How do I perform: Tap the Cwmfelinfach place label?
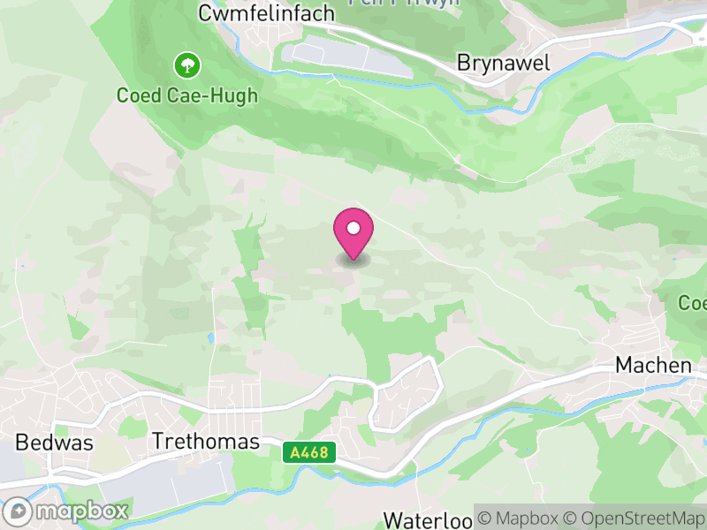(266, 13)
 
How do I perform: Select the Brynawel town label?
(504, 63)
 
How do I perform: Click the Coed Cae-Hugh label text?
(187, 95)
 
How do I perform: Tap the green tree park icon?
(187, 64)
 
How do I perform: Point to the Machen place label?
(653, 365)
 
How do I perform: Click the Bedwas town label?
(54, 443)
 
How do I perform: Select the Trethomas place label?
(206, 441)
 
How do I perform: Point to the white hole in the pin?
(353, 228)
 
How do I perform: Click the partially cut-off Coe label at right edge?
(692, 303)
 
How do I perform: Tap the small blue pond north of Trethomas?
(211, 337)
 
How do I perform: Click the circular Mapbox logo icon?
(18, 511)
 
